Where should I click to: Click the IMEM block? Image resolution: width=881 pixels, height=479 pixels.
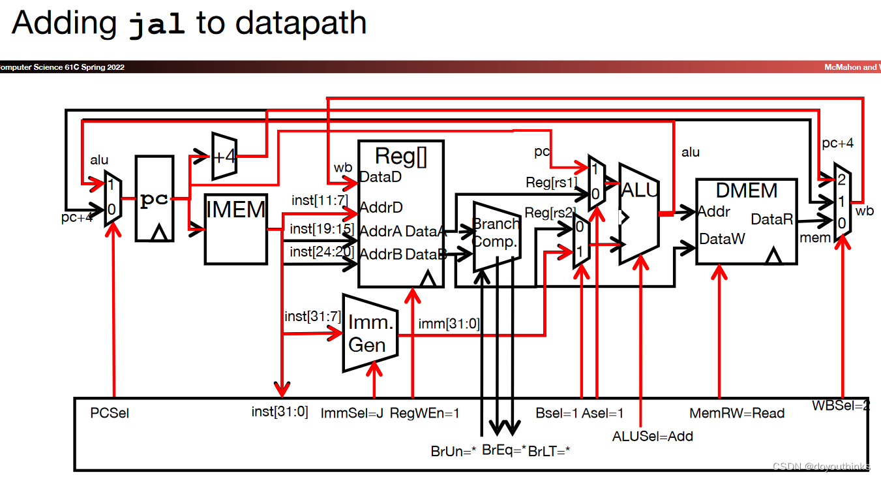tap(235, 228)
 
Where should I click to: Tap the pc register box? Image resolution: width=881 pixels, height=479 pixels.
tap(155, 199)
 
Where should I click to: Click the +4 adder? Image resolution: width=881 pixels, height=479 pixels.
tap(224, 156)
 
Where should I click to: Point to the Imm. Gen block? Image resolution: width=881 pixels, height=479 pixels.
tap(370, 333)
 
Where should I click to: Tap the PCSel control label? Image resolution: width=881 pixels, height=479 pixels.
tap(110, 413)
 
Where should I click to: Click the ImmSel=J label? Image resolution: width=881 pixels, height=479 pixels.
tap(352, 413)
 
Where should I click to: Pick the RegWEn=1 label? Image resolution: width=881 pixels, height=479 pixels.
tap(425, 413)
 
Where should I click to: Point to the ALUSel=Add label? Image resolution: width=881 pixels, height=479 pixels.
tap(652, 436)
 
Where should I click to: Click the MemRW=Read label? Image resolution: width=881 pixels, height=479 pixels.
tap(736, 413)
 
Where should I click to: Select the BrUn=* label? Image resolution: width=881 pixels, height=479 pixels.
tap(453, 450)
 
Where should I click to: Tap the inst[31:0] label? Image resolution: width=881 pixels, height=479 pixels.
tap(280, 412)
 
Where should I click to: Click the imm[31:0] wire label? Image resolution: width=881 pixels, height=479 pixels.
tap(449, 322)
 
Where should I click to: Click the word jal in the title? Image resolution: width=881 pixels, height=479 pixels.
tap(157, 24)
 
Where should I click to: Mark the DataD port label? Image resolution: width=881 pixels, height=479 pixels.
tap(380, 177)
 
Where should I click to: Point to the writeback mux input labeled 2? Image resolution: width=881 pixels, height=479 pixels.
tap(842, 179)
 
